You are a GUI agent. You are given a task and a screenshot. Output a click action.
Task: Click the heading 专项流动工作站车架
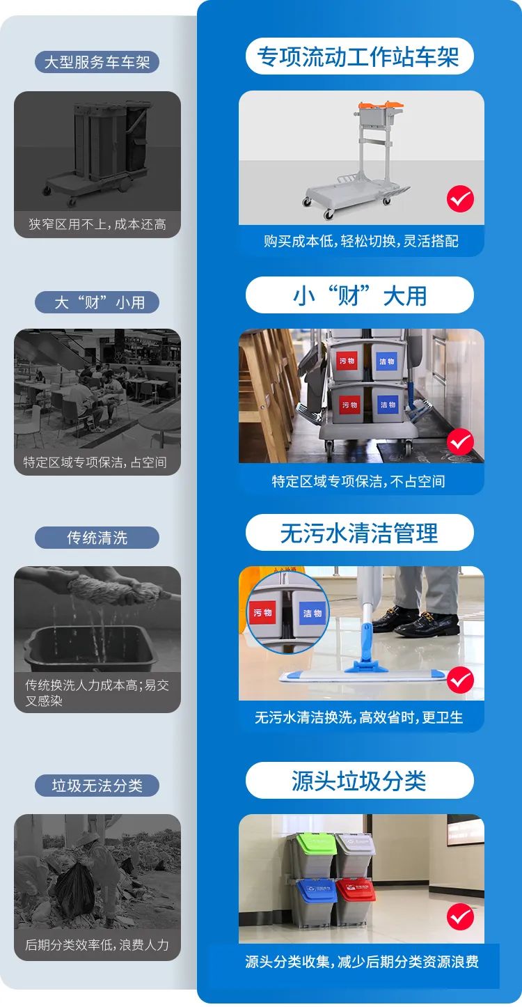click(359, 56)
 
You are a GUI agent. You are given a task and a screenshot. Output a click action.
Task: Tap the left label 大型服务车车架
click(97, 63)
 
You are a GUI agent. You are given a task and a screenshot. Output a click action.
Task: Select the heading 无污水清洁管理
click(359, 533)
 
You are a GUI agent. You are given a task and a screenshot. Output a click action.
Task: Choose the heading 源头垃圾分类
click(359, 781)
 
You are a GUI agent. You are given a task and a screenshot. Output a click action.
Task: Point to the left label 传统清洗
click(97, 538)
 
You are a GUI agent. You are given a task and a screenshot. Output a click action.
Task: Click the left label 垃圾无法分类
click(97, 786)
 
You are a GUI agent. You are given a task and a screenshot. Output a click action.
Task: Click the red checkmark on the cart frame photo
click(460, 199)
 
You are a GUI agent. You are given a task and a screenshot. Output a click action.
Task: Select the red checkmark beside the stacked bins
click(460, 916)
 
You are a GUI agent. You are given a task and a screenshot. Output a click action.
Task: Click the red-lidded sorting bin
click(356, 893)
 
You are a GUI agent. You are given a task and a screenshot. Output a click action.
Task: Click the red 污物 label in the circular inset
click(262, 613)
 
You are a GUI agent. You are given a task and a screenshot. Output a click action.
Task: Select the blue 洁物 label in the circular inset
click(313, 614)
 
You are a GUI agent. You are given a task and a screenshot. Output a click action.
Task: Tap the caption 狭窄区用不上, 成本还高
click(97, 224)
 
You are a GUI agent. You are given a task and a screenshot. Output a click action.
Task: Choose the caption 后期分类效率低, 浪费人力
click(97, 945)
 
